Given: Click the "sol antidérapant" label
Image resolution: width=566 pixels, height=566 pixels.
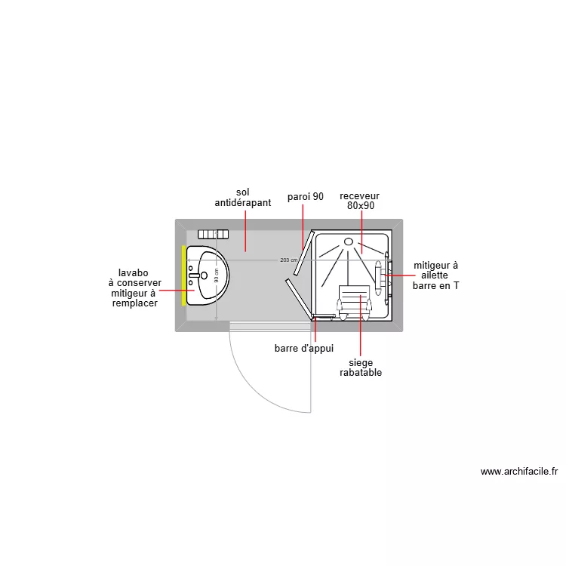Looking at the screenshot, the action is click(243, 198).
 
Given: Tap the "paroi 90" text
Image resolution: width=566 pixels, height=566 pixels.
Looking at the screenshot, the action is click(306, 197).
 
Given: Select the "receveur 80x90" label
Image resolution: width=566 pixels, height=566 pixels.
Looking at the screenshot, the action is click(359, 201).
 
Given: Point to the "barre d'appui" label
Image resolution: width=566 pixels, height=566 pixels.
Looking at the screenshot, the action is click(304, 349).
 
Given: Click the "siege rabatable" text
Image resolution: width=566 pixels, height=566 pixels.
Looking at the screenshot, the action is click(361, 368).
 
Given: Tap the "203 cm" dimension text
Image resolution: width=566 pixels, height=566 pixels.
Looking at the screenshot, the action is click(289, 260).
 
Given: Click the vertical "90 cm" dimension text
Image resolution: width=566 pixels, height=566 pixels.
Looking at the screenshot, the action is click(217, 275).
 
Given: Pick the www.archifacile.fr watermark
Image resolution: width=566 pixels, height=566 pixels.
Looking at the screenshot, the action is click(519, 472).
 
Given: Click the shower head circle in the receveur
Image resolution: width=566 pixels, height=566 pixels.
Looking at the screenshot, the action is click(349, 241).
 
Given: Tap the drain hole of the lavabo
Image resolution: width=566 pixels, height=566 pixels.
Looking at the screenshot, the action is click(204, 275).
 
